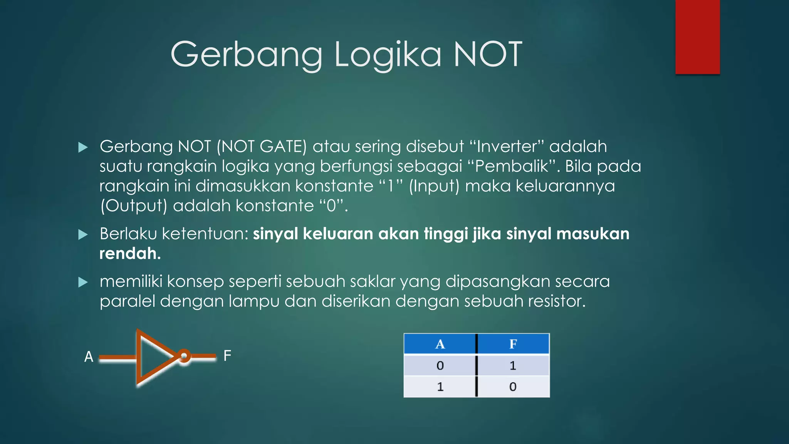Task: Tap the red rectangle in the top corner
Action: pyautogui.click(x=697, y=37)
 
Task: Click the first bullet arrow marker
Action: pyautogui.click(x=83, y=147)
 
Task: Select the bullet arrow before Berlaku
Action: pyautogui.click(x=83, y=234)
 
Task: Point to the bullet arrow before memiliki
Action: pyautogui.click(x=83, y=282)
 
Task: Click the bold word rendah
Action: pyautogui.click(x=130, y=254)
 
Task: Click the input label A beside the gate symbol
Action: pyautogui.click(x=89, y=357)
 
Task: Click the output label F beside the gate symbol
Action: pyautogui.click(x=227, y=355)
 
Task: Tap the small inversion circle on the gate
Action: pyautogui.click(x=184, y=356)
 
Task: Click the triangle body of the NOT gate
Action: pyautogui.click(x=152, y=357)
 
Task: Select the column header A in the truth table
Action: pyautogui.click(x=440, y=344)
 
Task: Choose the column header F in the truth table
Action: pyautogui.click(x=513, y=344)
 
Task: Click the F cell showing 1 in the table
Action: pyautogui.click(x=513, y=365)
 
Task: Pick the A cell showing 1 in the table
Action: pyautogui.click(x=440, y=387)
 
